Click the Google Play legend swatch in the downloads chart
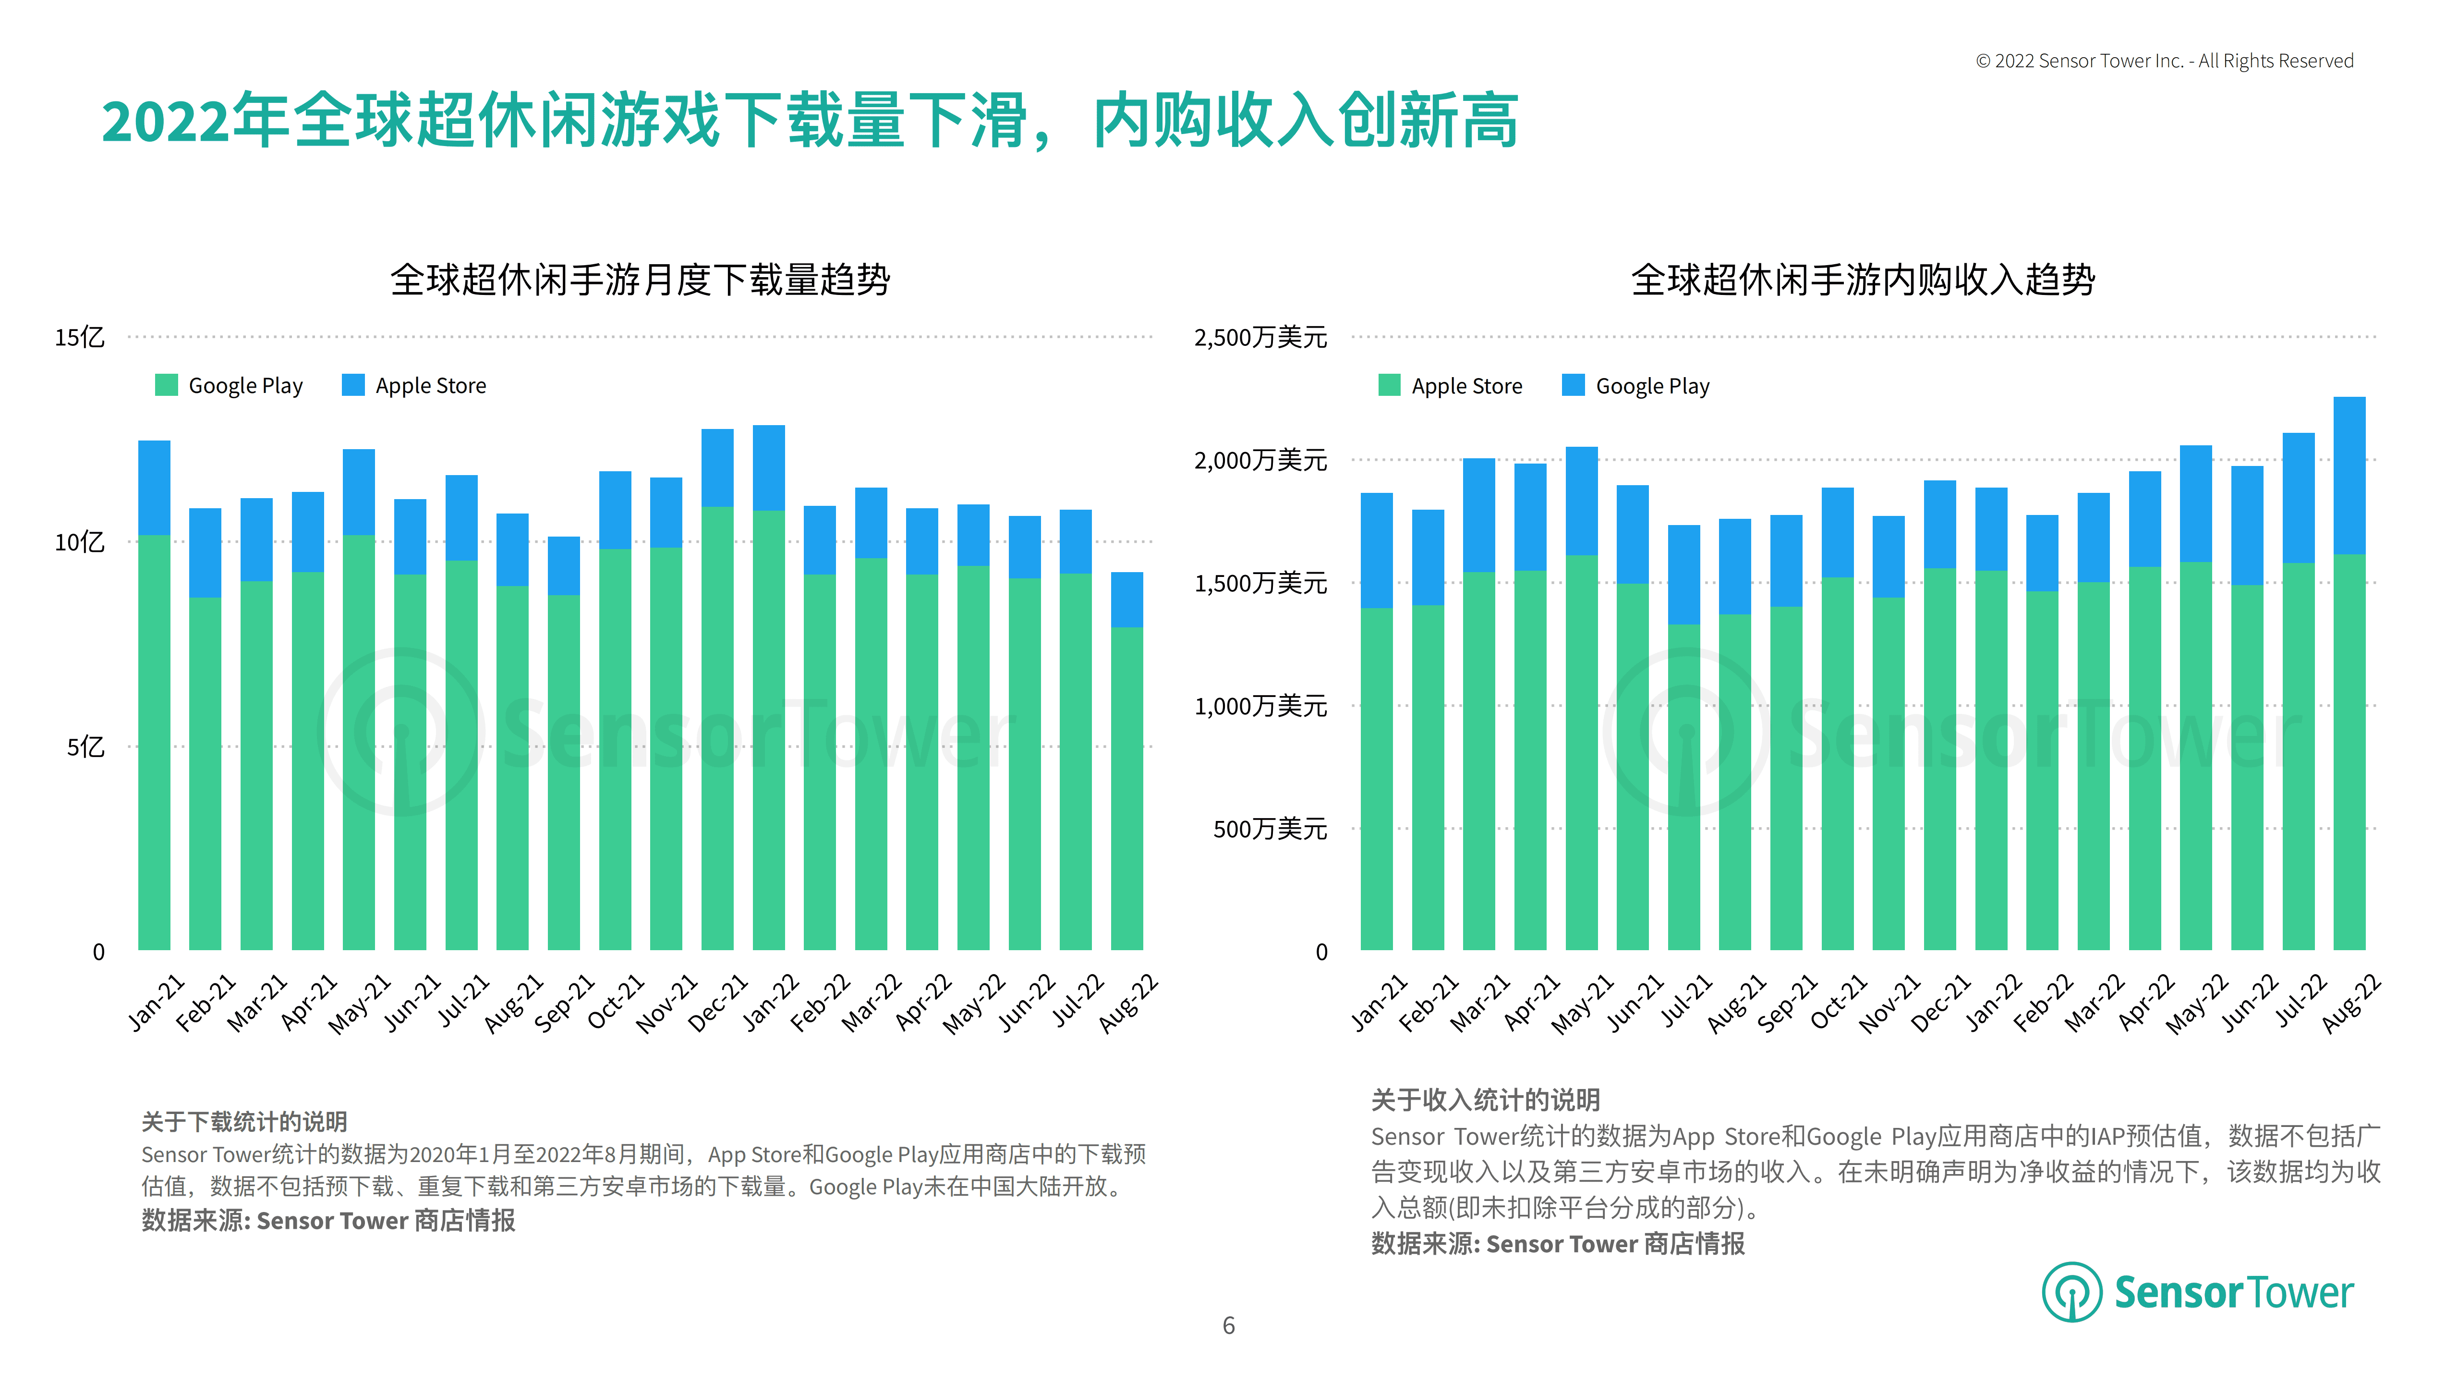[166, 385]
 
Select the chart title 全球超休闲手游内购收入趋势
[1863, 280]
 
